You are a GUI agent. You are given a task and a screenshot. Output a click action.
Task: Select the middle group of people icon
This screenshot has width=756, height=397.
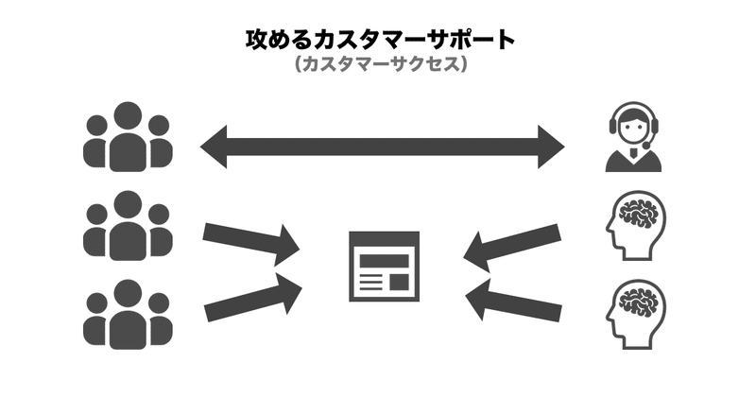127,226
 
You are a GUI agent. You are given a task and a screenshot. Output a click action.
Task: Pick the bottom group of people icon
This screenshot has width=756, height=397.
127,315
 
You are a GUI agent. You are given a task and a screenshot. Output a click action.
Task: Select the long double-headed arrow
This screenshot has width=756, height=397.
382,147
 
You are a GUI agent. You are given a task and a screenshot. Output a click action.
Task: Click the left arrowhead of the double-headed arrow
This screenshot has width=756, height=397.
215,147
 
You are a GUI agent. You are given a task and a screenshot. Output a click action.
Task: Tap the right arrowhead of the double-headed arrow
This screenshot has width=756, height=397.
549,147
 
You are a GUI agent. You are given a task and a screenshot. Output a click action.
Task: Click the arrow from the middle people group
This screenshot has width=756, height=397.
250,243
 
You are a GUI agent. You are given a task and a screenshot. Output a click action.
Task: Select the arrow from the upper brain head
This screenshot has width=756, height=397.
515,243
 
